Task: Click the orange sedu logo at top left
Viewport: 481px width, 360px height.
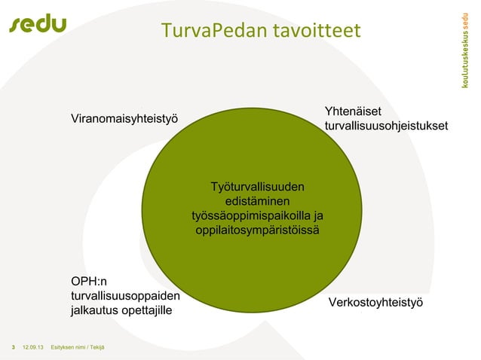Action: (38, 24)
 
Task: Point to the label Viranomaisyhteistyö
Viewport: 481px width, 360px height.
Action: (124, 119)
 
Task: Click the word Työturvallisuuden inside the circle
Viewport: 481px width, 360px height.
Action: (258, 186)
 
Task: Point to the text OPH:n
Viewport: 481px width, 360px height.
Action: (89, 282)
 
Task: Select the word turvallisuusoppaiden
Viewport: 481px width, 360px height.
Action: (125, 295)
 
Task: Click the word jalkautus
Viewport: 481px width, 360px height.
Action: (93, 310)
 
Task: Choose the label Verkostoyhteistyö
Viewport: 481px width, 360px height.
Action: (375, 302)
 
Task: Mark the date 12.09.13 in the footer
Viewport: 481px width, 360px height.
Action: (32, 346)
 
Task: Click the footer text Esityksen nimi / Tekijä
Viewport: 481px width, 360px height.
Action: (78, 346)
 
